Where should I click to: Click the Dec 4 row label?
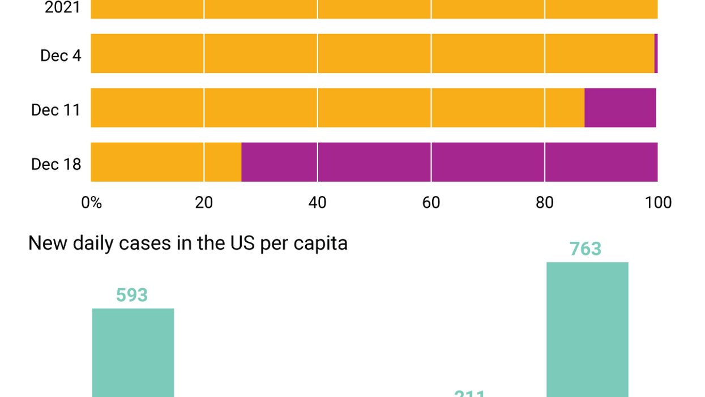[61, 56]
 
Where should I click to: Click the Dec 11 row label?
[56, 110]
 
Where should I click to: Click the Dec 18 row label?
[56, 164]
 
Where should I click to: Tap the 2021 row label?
[62, 8]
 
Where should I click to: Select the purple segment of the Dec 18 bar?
[449, 162]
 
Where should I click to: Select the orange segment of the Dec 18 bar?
[166, 162]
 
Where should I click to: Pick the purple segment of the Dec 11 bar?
[620, 108]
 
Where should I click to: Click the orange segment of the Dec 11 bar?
[337, 108]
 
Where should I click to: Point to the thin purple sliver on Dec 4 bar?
[656, 53]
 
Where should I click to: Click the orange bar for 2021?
[374, 9]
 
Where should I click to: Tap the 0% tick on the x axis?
[92, 203]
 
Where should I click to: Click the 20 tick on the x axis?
[204, 203]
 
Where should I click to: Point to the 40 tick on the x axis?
[318, 203]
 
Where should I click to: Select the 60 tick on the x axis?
[431, 203]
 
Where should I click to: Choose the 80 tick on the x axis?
[545, 203]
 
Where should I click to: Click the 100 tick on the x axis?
[659, 203]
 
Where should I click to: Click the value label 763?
[586, 249]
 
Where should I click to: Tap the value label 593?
[132, 295]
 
